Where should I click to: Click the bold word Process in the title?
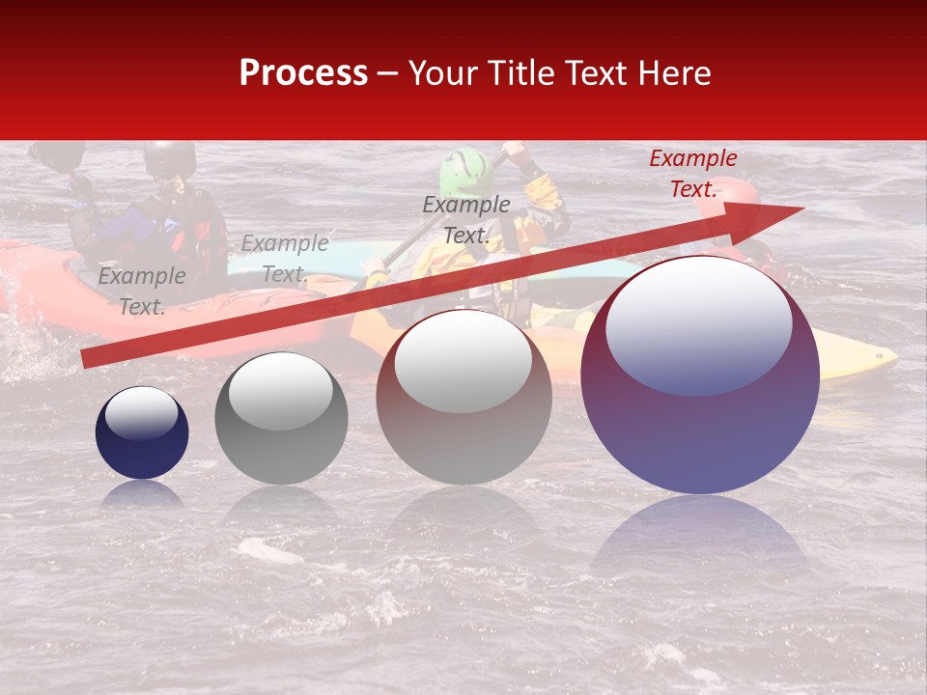coord(303,73)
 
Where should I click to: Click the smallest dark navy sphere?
coord(142,433)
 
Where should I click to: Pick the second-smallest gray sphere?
coord(281,419)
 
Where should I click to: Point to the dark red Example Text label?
coord(692,174)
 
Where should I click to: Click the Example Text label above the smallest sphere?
coord(141,291)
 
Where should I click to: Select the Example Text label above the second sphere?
coord(284,259)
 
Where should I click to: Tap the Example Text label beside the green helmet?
coord(465,219)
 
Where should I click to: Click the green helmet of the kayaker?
coord(464,172)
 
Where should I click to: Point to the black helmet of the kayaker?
coord(169,158)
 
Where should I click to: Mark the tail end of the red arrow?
coord(87,359)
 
